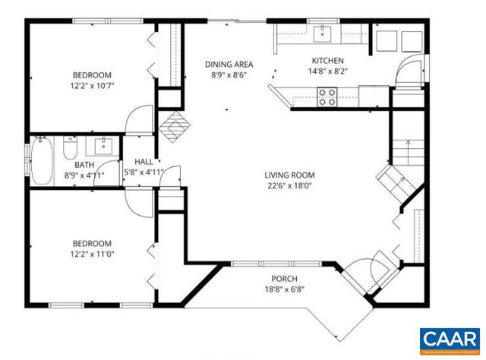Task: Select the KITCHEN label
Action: (328, 61)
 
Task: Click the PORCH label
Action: (282, 279)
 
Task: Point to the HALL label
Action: (144, 162)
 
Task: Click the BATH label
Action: (84, 165)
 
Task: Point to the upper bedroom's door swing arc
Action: (138, 120)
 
